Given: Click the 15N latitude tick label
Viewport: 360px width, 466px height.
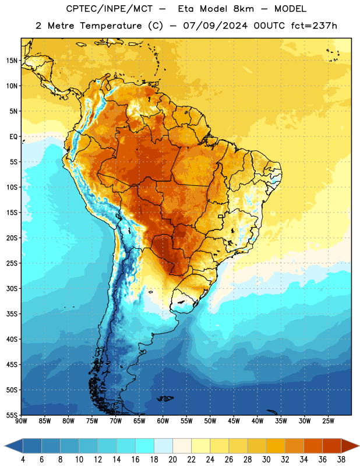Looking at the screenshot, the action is pyautogui.click(x=12, y=61).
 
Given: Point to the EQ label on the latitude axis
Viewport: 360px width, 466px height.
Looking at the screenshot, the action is pyautogui.click(x=13, y=137).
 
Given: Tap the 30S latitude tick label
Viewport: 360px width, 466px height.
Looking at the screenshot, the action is pyautogui.click(x=12, y=288).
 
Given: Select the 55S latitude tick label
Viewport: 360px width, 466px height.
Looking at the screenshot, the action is pyautogui.click(x=12, y=415).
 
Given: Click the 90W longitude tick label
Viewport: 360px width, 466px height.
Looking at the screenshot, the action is pyautogui.click(x=21, y=421).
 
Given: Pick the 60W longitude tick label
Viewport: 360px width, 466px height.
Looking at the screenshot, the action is pyautogui.click(x=163, y=421).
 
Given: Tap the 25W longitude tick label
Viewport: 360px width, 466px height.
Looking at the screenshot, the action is pyautogui.click(x=328, y=421).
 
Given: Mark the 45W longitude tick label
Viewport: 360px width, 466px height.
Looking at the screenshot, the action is pyautogui.click(x=234, y=421).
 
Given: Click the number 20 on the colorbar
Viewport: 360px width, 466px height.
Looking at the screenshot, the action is pyautogui.click(x=172, y=460).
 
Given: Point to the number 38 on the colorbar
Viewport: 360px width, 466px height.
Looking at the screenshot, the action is pyautogui.click(x=341, y=460).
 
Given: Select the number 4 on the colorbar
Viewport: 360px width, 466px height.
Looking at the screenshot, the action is pyautogui.click(x=23, y=460).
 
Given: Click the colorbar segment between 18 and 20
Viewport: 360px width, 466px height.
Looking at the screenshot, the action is pyautogui.click(x=163, y=446).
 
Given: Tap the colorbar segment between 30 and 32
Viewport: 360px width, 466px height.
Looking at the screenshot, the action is pyautogui.click(x=276, y=446).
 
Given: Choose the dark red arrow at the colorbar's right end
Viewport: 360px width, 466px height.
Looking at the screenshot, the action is pyautogui.click(x=350, y=446).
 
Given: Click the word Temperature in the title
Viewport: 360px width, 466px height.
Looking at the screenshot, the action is pyautogui.click(x=111, y=26).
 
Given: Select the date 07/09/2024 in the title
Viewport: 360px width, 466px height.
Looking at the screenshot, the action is pyautogui.click(x=215, y=26).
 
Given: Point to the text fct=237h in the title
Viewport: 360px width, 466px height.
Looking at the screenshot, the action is pyautogui.click(x=314, y=26).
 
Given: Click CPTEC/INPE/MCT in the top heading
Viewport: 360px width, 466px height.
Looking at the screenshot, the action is pyautogui.click(x=110, y=9).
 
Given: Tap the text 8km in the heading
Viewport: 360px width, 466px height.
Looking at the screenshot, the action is pyautogui.click(x=243, y=9).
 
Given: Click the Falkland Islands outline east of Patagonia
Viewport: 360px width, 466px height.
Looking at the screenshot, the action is pyautogui.click(x=165, y=398).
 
